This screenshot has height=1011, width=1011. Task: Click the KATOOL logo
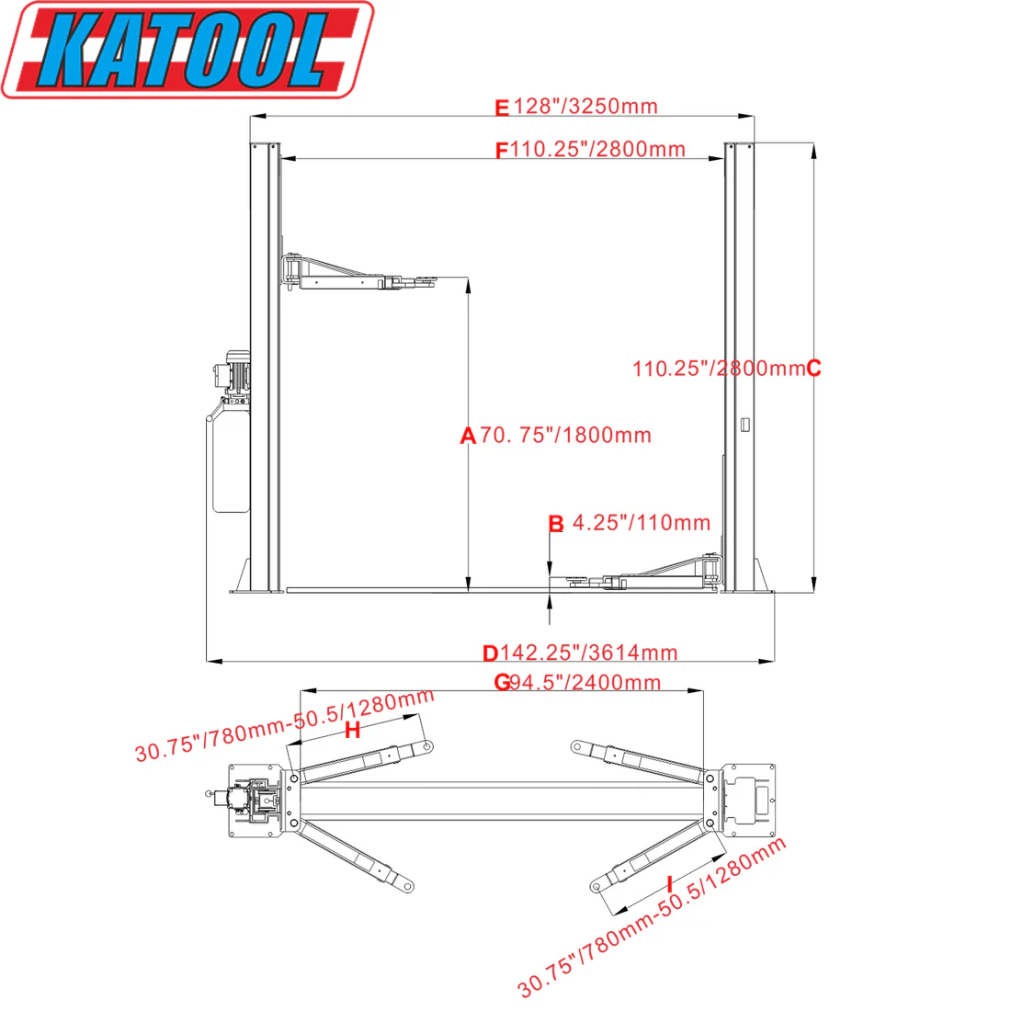(187, 49)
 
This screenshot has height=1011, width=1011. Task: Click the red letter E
(502, 109)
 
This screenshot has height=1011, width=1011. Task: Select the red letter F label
(502, 151)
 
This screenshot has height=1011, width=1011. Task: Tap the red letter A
(468, 437)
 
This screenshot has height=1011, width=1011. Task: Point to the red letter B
(556, 524)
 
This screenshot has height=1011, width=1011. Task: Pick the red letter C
(813, 369)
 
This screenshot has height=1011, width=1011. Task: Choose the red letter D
(491, 653)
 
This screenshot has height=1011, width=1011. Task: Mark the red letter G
(502, 683)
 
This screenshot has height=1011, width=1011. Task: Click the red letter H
(352, 732)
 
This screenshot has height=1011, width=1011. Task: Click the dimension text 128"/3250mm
(585, 107)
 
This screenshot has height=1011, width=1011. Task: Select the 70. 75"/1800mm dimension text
(565, 436)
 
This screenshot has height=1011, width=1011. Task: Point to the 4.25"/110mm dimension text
(642, 523)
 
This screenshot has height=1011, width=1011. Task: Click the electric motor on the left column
(234, 373)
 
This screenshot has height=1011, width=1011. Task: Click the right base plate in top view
(749, 800)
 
